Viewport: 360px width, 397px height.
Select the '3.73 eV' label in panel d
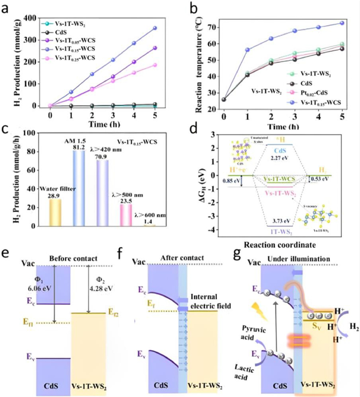278,221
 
